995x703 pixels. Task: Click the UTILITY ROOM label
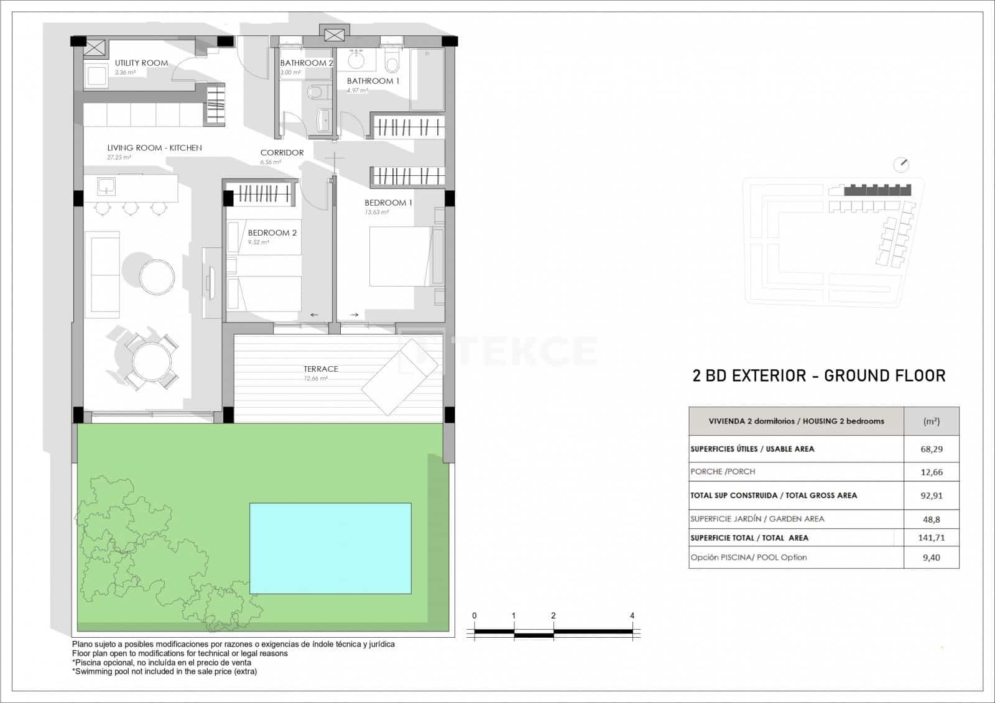pos(141,63)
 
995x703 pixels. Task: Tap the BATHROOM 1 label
pos(373,81)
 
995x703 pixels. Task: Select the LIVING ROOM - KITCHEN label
pos(154,148)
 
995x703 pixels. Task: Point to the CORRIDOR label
pos(282,152)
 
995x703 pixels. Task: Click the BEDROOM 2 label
pos(272,233)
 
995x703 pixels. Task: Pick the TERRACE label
pos(321,369)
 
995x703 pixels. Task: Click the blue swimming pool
pos(330,548)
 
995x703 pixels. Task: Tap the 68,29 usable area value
pos(931,449)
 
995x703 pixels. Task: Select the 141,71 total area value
pos(931,538)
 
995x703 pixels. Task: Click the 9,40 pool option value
pos(931,558)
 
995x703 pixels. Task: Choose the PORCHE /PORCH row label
pos(723,472)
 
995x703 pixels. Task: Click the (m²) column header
pos(931,421)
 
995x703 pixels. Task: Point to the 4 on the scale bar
pos(632,616)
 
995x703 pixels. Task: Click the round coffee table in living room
pos(157,277)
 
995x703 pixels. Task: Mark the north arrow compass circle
pos(900,165)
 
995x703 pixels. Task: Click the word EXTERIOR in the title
pos(769,375)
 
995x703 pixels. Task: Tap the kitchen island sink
pos(106,185)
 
